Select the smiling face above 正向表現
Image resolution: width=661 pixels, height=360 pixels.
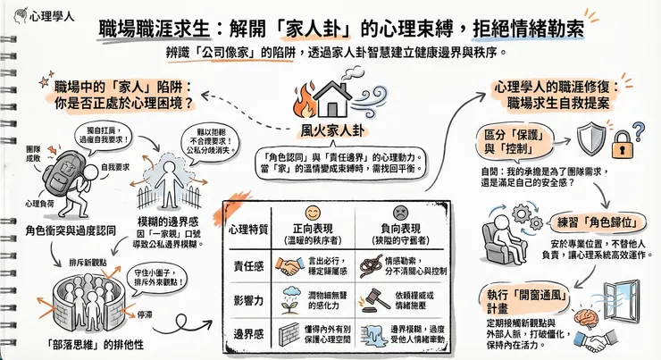[x=313, y=213]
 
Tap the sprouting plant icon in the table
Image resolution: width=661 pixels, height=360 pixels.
[x=290, y=299]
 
